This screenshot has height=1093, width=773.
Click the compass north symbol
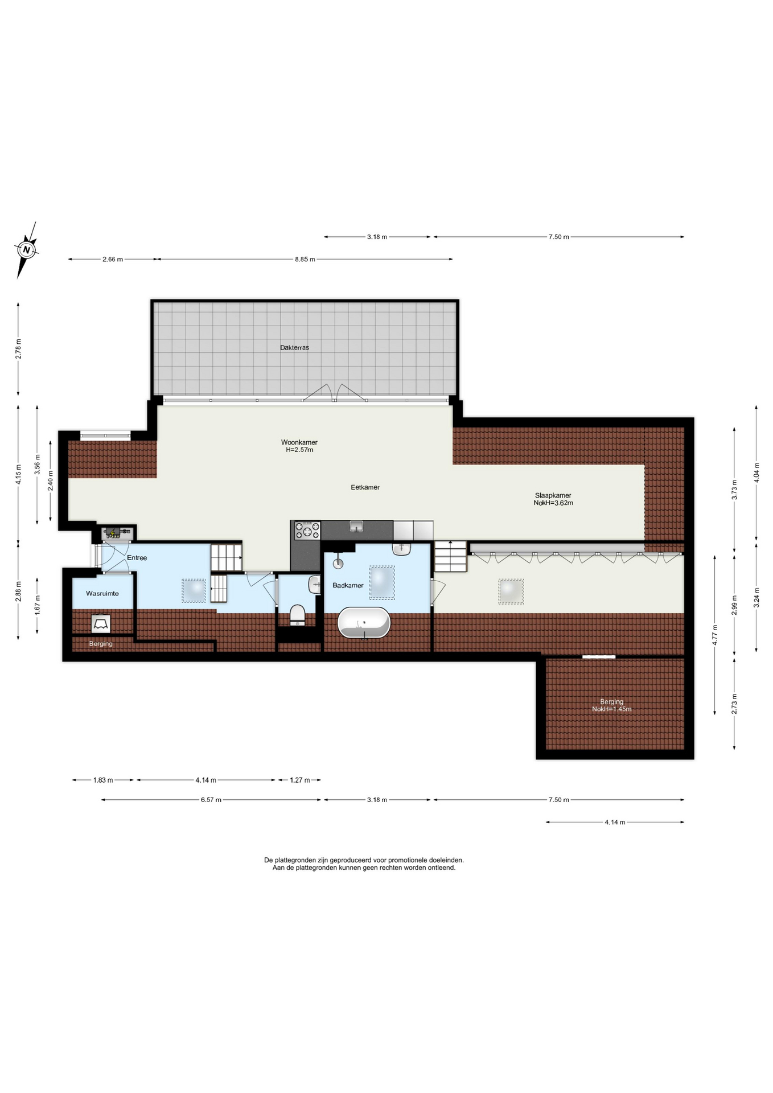[x=26, y=249]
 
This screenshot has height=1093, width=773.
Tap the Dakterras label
[x=294, y=347]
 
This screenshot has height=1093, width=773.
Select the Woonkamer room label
[x=299, y=442]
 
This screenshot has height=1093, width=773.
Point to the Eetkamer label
[x=365, y=487]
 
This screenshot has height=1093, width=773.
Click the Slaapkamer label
[x=553, y=495]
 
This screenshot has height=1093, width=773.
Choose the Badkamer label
[x=348, y=585]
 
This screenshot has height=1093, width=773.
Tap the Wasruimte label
[x=102, y=593]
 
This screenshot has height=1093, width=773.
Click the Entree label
[x=137, y=558]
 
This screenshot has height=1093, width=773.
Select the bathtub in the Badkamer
[x=364, y=623]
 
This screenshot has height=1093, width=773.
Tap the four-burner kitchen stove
[x=307, y=531]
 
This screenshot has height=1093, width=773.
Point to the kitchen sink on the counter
[x=356, y=525]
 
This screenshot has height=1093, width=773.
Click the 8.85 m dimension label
[x=305, y=259]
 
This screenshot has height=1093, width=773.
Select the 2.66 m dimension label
[x=113, y=259]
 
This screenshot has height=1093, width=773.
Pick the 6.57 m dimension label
[x=211, y=800]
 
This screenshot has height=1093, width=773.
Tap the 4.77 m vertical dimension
[x=715, y=635]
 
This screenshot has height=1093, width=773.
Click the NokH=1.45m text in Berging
[x=611, y=709]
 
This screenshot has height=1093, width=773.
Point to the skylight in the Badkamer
[x=382, y=582]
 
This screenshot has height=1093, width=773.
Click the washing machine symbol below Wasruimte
[x=101, y=624]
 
